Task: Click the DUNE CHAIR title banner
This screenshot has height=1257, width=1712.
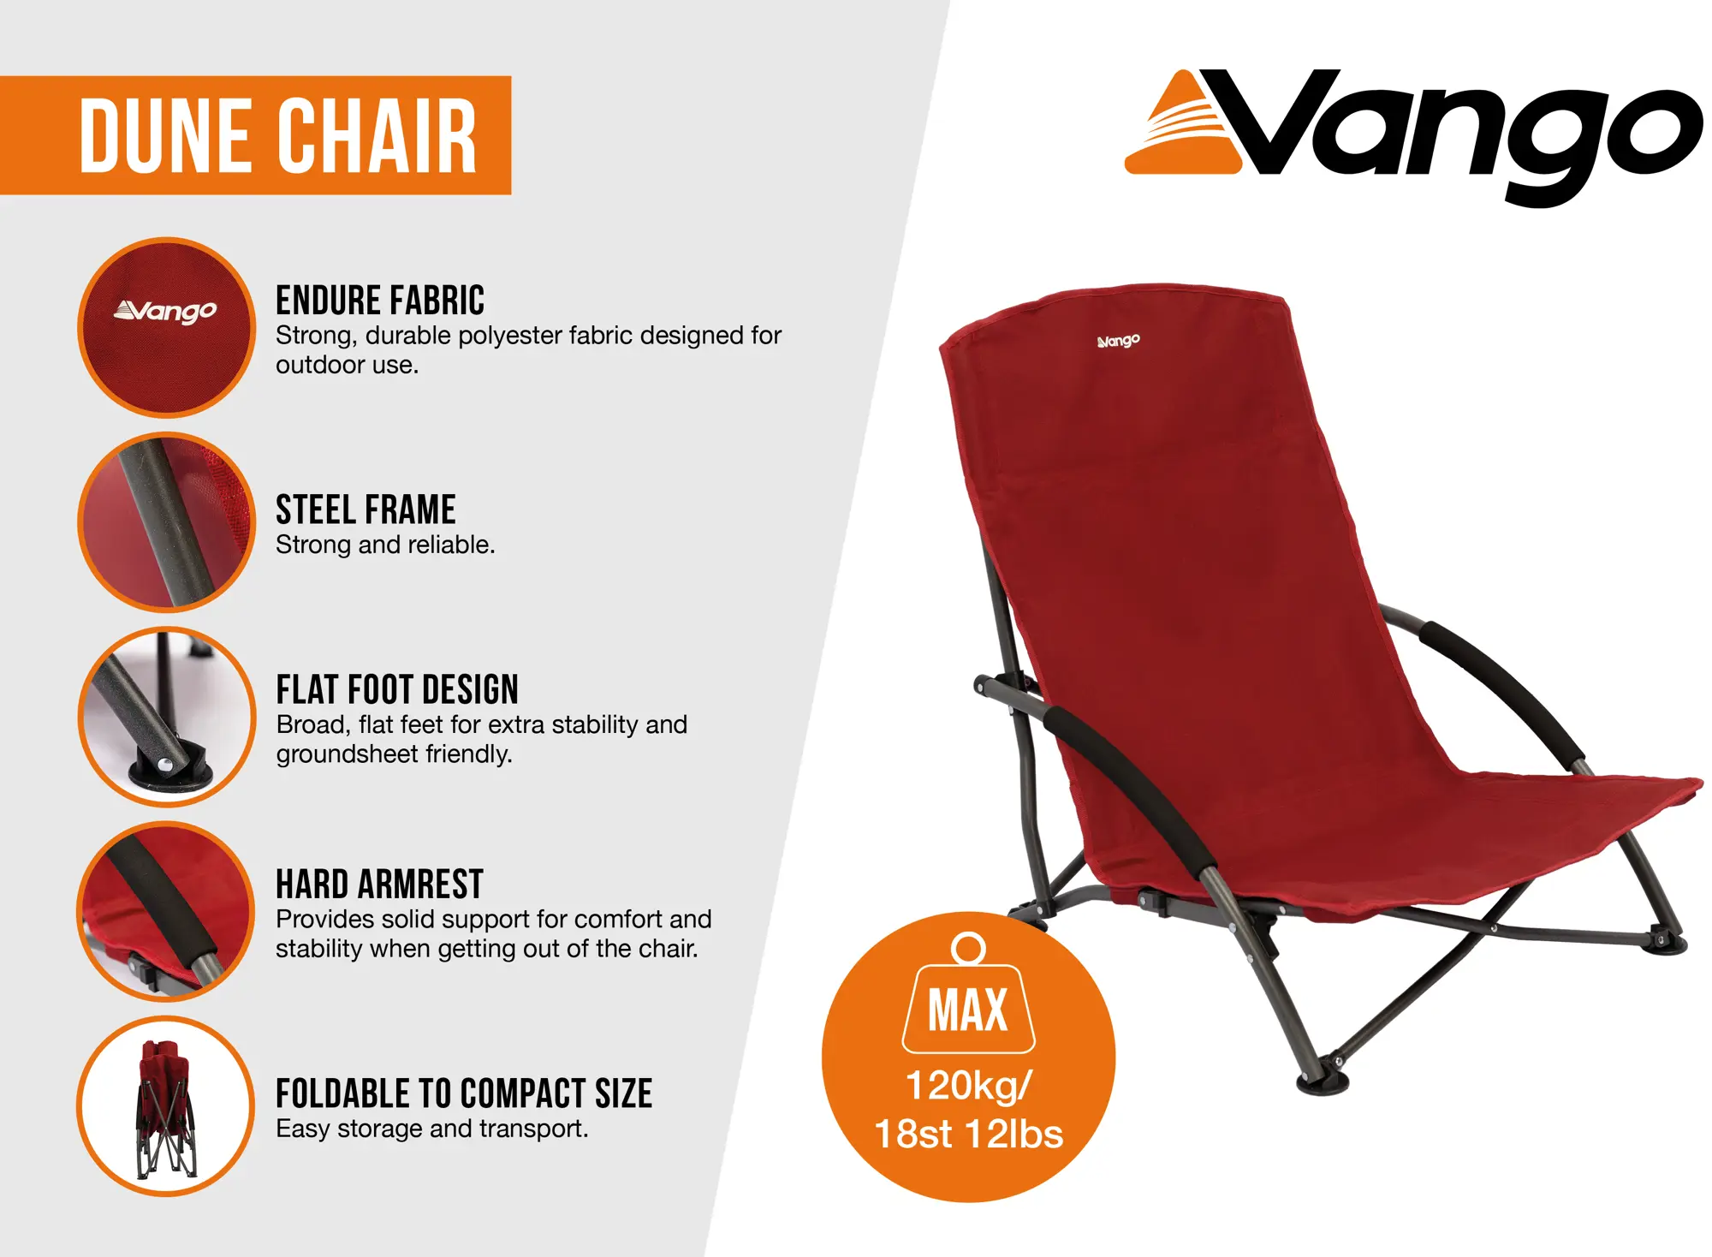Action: (255, 135)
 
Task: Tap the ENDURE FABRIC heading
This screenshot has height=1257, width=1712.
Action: (380, 301)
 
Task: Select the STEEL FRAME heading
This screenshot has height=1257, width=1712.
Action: (366, 509)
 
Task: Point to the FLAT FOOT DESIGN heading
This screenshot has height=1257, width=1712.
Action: (397, 689)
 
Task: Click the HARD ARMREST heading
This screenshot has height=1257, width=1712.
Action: (379, 884)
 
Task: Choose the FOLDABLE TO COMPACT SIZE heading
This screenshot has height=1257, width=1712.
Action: (464, 1093)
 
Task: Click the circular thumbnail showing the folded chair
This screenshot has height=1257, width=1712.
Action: (166, 1105)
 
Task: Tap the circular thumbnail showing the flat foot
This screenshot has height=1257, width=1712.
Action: (166, 717)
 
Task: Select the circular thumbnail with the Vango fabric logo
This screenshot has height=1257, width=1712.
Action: (166, 327)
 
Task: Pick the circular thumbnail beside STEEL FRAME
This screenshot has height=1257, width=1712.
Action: (166, 522)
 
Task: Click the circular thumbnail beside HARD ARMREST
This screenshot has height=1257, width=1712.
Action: (166, 911)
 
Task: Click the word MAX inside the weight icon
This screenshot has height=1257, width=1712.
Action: (968, 1010)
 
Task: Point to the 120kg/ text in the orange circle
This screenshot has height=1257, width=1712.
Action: (969, 1087)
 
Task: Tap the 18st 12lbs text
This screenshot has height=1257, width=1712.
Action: (968, 1134)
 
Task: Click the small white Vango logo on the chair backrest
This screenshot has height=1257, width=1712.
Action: (1118, 341)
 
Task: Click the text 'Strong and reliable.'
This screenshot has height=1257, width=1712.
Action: (385, 545)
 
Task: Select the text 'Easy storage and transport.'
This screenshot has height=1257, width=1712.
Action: (431, 1129)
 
